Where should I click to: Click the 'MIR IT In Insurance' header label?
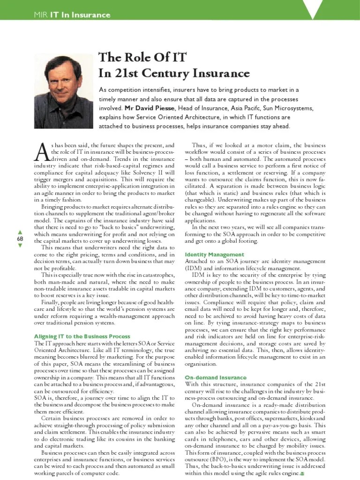point(72,15)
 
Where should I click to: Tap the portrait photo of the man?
point(63,91)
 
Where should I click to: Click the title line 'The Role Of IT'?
point(142,58)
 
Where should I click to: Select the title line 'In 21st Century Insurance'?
point(173,73)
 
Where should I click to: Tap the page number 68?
point(20,239)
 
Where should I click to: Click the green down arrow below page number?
point(20,246)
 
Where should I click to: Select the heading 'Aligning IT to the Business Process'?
point(82,337)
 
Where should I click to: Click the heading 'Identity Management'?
point(215,255)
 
